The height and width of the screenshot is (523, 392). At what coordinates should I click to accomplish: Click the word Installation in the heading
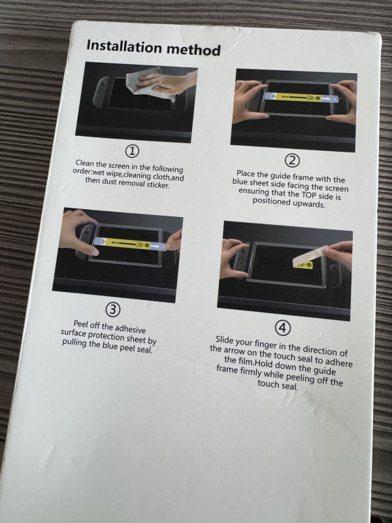pyautogui.click(x=124, y=46)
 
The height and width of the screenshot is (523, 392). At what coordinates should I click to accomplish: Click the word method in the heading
pyautogui.click(x=193, y=50)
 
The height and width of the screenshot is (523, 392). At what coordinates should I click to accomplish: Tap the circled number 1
pyautogui.click(x=132, y=152)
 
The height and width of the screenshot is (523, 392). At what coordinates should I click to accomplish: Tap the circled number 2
pyautogui.click(x=292, y=160)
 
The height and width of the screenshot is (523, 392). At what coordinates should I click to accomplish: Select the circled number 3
pyautogui.click(x=112, y=310)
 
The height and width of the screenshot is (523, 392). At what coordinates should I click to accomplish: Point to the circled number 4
pyautogui.click(x=283, y=328)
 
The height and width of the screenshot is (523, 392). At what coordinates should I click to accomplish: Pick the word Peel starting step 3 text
pyautogui.click(x=81, y=324)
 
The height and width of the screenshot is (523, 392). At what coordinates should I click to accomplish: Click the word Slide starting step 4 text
pyautogui.click(x=225, y=340)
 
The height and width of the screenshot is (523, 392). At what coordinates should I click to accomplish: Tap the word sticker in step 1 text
pyautogui.click(x=158, y=184)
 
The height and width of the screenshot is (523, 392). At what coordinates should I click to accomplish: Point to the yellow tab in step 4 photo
pyautogui.click(x=303, y=265)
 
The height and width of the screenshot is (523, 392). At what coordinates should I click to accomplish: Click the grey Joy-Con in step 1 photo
pyautogui.click(x=100, y=92)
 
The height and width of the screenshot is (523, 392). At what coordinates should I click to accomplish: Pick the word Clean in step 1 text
pyautogui.click(x=84, y=163)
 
